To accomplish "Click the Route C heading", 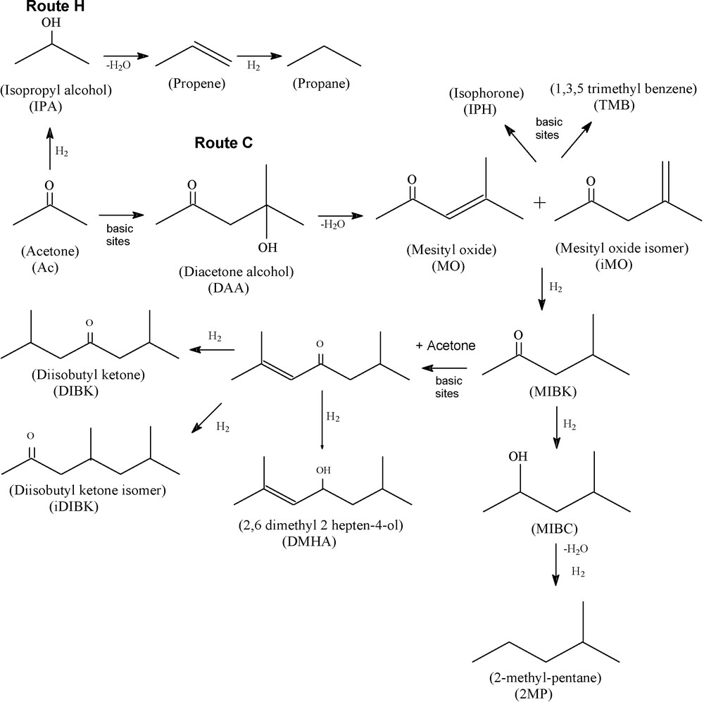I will point(223,144).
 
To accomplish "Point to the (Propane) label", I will point(320,84).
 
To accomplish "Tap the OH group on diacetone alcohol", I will point(267,248).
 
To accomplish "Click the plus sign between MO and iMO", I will point(539,203).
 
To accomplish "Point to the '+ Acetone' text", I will point(445,346).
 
